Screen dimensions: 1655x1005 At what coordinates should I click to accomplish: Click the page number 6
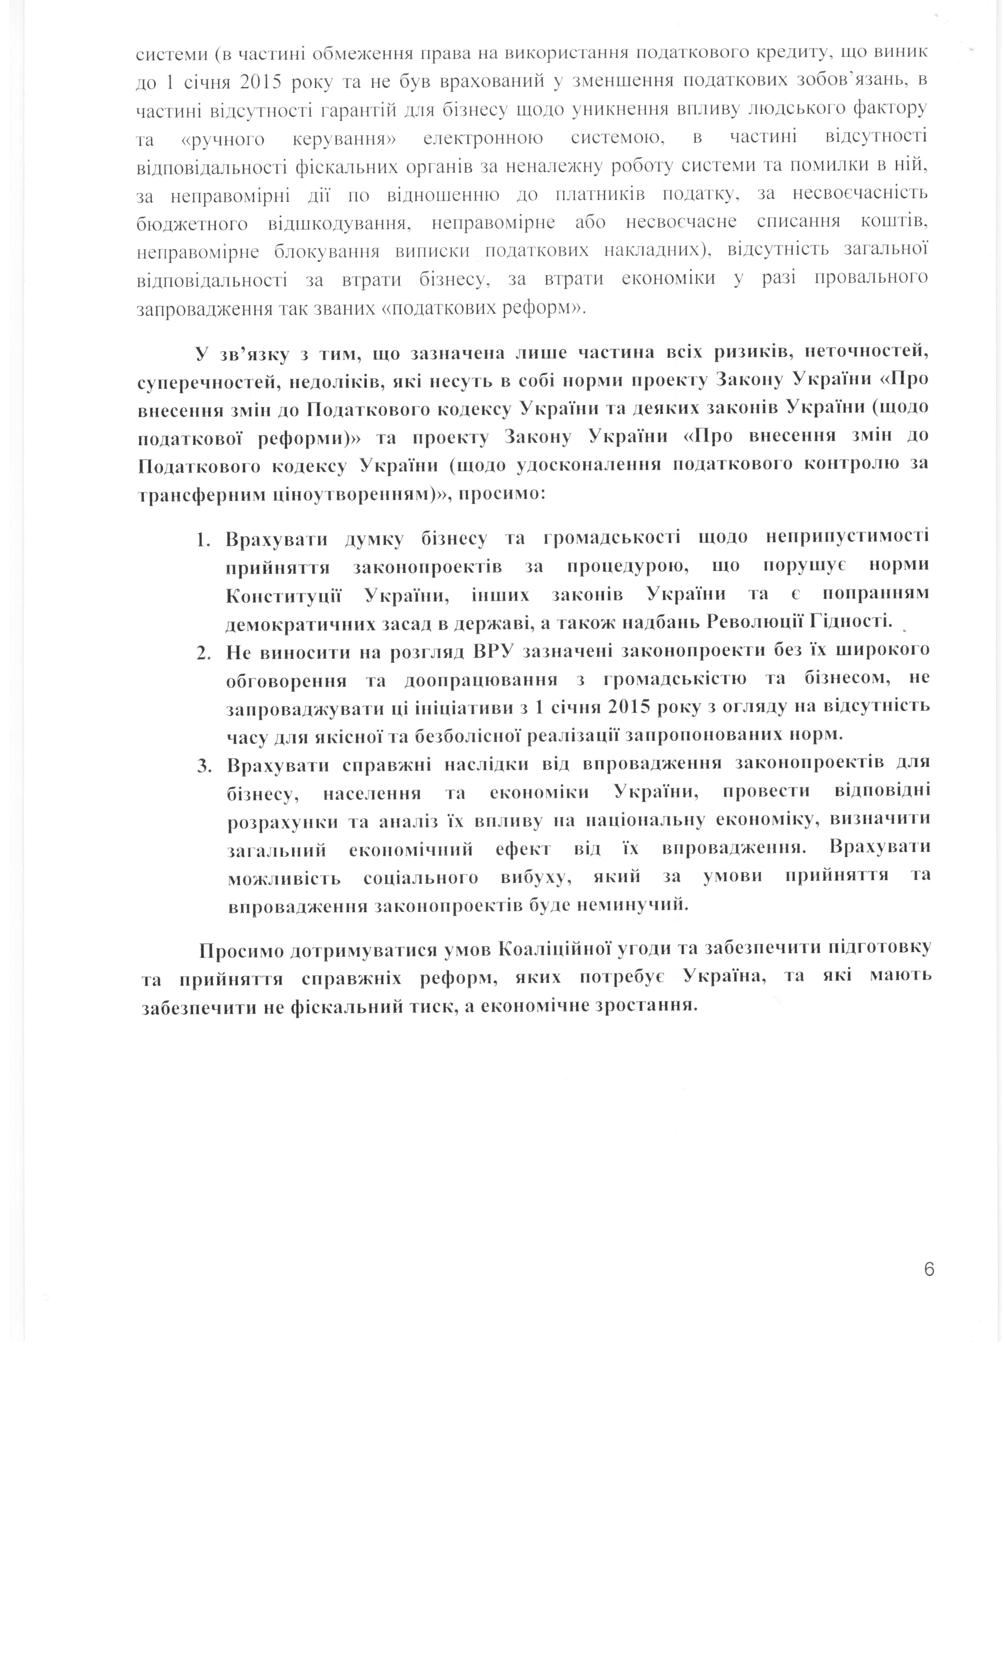click(929, 1269)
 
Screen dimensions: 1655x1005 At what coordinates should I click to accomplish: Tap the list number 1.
click(203, 539)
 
